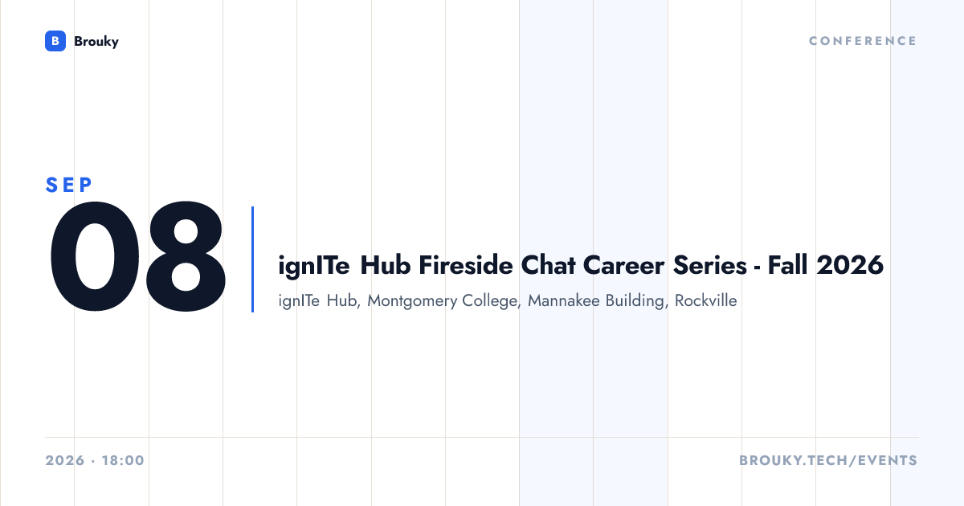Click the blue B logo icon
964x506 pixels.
[x=55, y=41]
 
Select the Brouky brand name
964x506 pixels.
[x=96, y=42]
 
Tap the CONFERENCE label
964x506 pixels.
[x=863, y=41]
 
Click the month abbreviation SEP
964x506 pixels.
[x=69, y=185]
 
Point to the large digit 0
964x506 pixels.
[x=95, y=256]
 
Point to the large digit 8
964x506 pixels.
[x=186, y=256]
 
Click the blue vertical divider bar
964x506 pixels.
[x=252, y=259]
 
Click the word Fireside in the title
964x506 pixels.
[x=466, y=265]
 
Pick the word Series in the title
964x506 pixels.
[x=710, y=265]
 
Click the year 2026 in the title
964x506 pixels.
[x=850, y=265]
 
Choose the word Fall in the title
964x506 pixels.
[x=787, y=265]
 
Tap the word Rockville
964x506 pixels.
[x=706, y=300]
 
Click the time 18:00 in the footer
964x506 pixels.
[x=123, y=460]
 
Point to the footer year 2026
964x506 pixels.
[x=65, y=460]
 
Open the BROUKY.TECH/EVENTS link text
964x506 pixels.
[x=828, y=460]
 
